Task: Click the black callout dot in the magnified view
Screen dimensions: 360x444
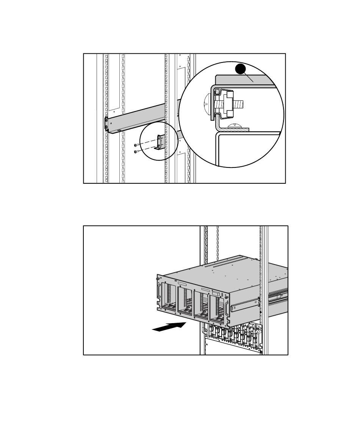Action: pyautogui.click(x=239, y=70)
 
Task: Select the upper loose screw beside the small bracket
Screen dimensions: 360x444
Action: pyautogui.click(x=136, y=145)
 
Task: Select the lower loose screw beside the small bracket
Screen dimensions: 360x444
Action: pyautogui.click(x=136, y=152)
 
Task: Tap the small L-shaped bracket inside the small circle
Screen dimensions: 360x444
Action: pyautogui.click(x=160, y=143)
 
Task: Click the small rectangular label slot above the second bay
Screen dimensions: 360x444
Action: pyautogui.click(x=182, y=283)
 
